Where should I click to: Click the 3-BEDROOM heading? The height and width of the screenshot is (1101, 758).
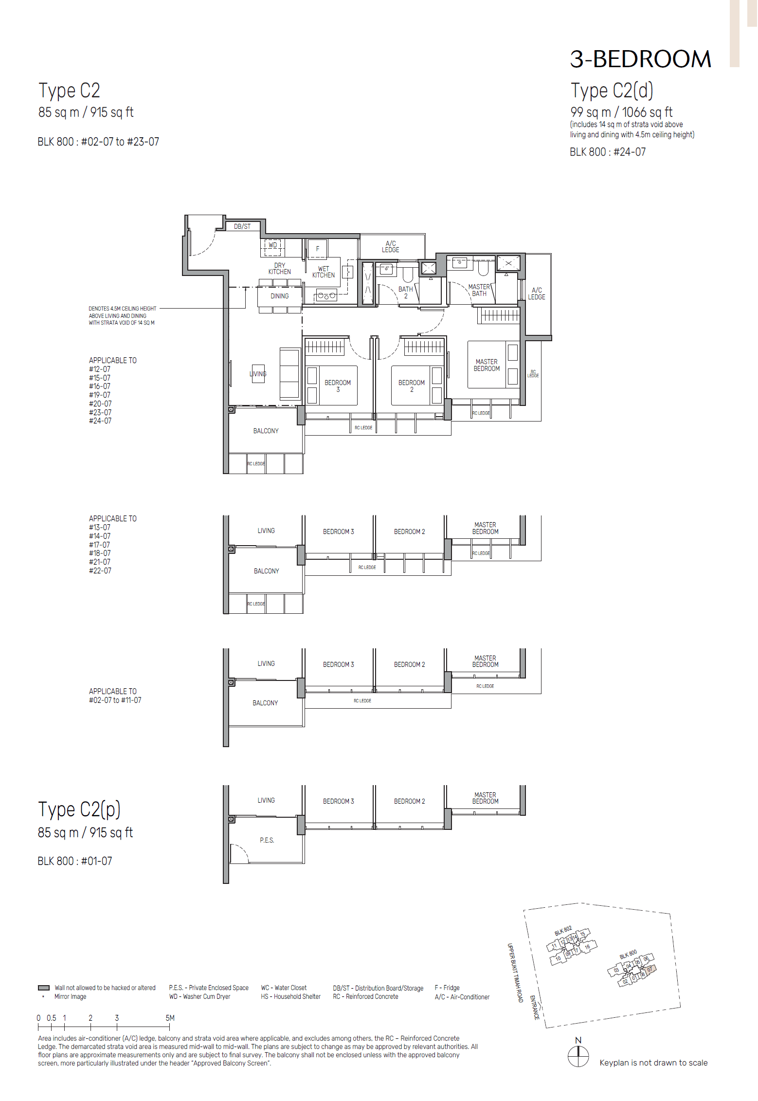tap(640, 59)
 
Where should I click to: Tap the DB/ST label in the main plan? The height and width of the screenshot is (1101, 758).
tap(242, 226)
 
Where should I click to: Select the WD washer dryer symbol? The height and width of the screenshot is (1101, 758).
tap(273, 245)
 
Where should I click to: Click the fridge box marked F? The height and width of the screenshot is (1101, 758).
tap(318, 249)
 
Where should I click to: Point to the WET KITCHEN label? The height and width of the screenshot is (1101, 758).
tap(324, 272)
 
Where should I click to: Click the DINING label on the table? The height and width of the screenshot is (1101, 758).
tap(280, 296)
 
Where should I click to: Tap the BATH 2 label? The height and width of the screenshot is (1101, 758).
tap(405, 293)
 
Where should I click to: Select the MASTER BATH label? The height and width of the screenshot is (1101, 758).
tap(479, 290)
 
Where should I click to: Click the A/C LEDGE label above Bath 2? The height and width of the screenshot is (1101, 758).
tap(390, 247)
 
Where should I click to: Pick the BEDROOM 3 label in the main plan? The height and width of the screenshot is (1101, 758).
tap(338, 386)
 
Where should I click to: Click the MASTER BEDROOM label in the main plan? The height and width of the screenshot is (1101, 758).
tap(487, 365)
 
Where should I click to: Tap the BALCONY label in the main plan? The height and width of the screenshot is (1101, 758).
tap(266, 431)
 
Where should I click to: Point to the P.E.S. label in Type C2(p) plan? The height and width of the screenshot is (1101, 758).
tap(267, 840)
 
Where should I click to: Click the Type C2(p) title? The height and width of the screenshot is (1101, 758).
tap(79, 809)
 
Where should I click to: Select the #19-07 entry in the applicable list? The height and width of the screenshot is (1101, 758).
tap(100, 395)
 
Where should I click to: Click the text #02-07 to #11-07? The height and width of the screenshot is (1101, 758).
tap(115, 700)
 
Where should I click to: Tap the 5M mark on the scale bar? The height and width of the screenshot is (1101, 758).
tap(170, 1018)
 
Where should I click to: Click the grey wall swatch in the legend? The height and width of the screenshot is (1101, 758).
tap(44, 988)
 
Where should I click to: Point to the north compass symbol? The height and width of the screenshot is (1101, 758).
tap(578, 1056)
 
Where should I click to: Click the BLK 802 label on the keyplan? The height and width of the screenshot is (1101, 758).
tap(563, 931)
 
